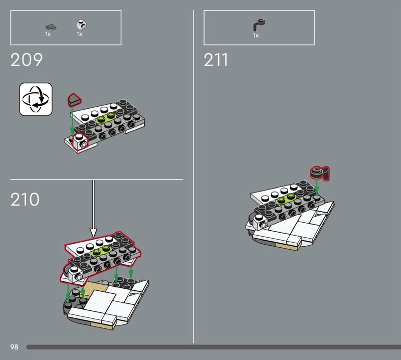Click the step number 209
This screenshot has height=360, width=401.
tap(27, 60)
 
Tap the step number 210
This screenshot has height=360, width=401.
tap(25, 200)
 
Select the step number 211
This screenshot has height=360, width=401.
tap(216, 60)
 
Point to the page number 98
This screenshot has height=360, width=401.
tap(15, 347)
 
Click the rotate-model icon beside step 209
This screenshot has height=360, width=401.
tap(36, 99)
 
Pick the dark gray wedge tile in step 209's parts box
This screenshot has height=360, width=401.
tap(51, 27)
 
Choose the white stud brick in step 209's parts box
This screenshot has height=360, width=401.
tap(81, 25)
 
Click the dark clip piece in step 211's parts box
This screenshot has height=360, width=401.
tap(259, 25)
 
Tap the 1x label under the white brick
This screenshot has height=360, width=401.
tap(79, 34)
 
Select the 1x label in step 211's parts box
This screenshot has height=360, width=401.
tap(256, 36)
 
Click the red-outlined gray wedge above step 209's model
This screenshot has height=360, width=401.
tap(74, 100)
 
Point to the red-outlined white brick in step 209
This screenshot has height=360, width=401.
tap(80, 142)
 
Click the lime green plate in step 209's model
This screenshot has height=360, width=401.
tap(106, 118)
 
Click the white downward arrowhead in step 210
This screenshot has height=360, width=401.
tap(93, 233)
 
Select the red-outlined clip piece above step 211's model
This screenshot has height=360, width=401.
tap(320, 173)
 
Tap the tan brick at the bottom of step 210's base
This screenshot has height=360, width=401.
tap(102, 325)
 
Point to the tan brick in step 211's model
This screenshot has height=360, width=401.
tap(287, 246)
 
